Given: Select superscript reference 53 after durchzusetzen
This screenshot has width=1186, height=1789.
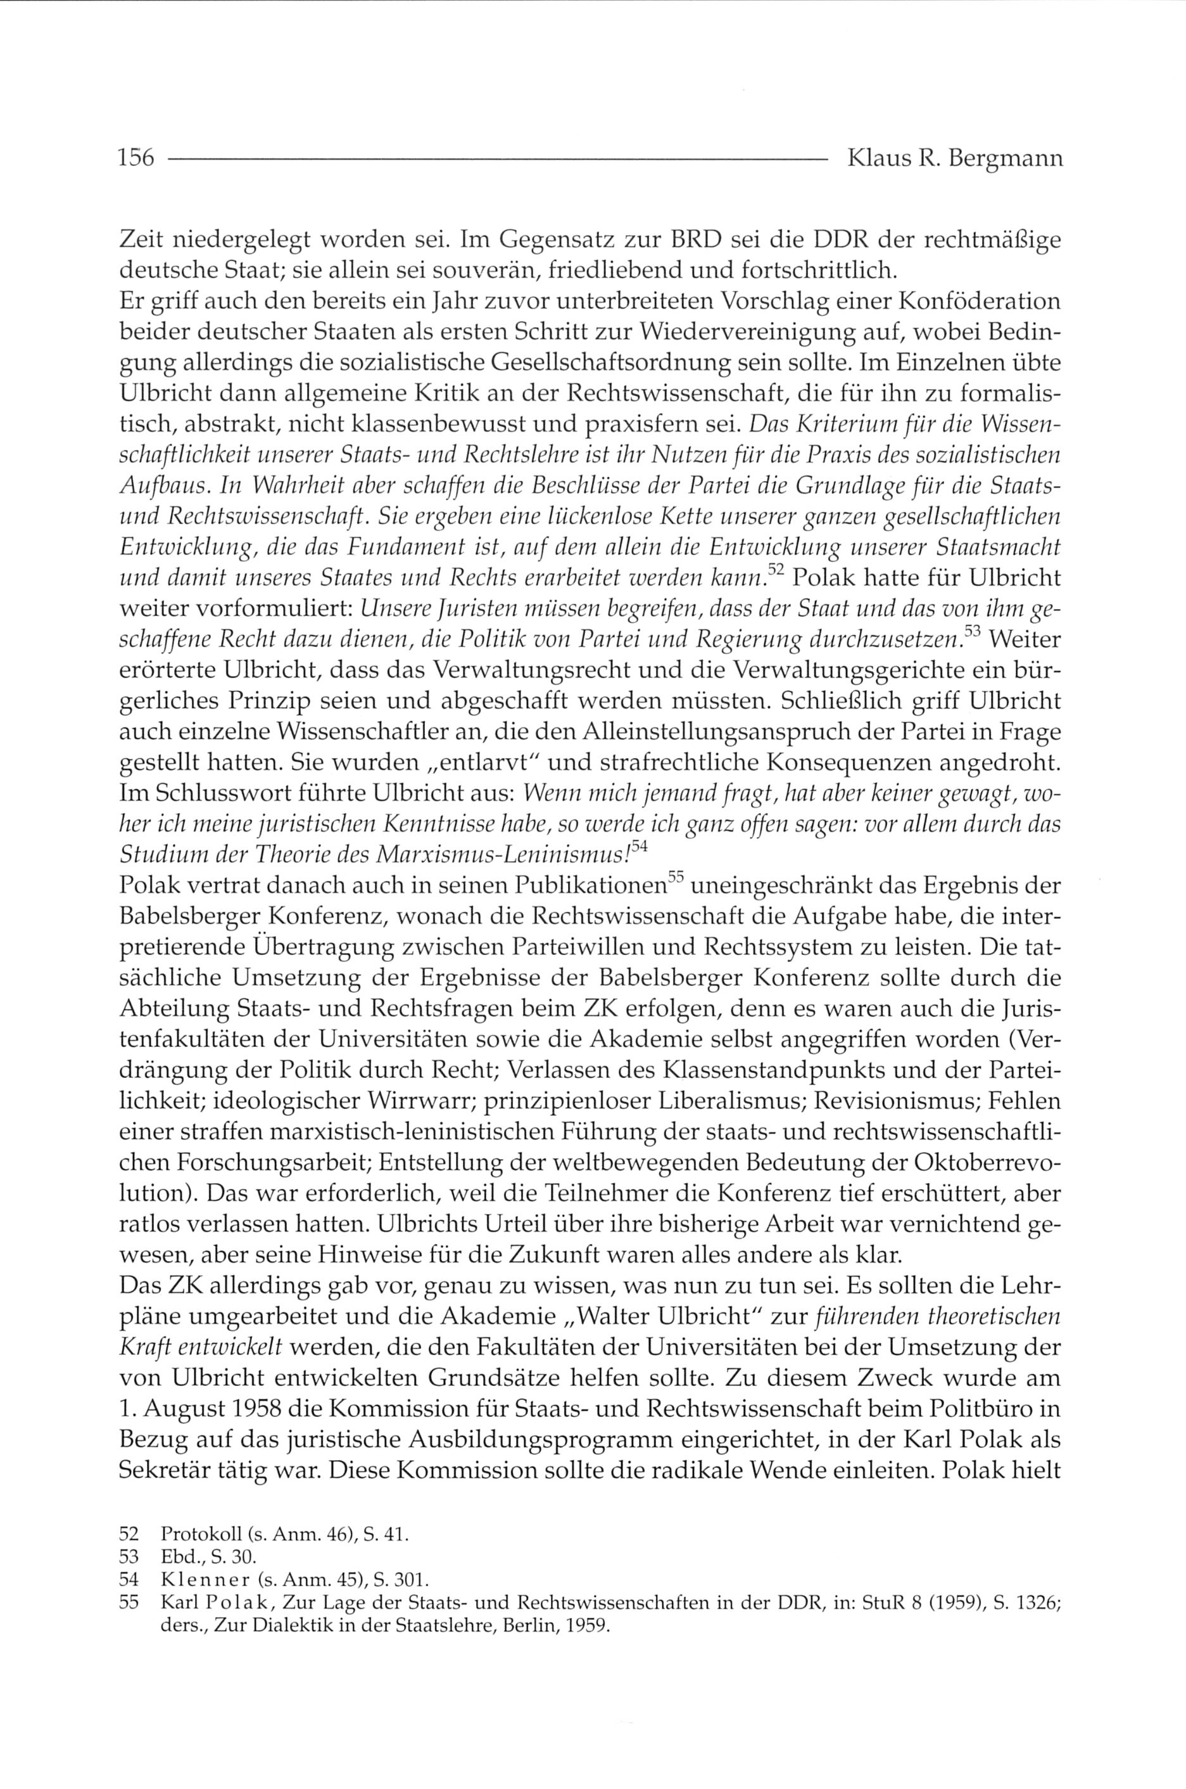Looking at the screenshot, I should [x=976, y=634].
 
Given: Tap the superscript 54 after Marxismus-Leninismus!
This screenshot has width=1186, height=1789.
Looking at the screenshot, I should [x=639, y=847].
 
